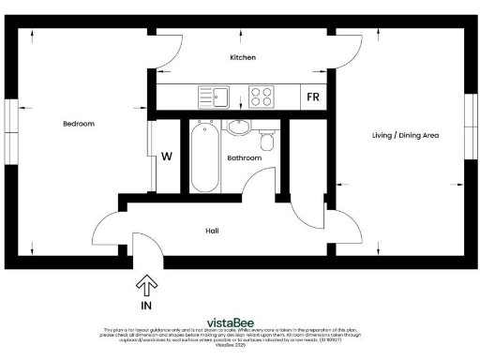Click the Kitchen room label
[x=243, y=57]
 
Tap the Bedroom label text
[x=79, y=124]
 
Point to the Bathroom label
[x=244, y=158]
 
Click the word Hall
[x=212, y=230]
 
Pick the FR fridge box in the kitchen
[x=311, y=97]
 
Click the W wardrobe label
[x=166, y=157]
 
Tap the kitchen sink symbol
[x=214, y=96]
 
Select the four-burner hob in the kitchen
[x=261, y=96]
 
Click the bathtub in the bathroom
[x=203, y=158]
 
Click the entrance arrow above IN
[x=146, y=284]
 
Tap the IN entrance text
[x=146, y=305]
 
